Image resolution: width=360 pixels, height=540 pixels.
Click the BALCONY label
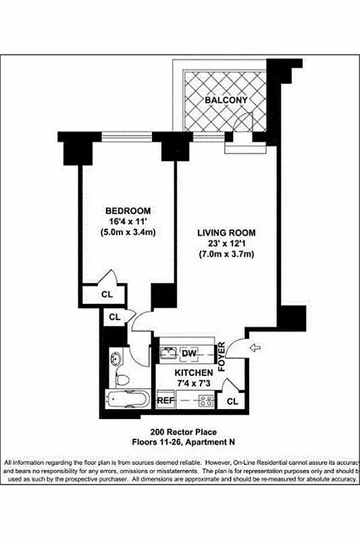pyautogui.click(x=227, y=100)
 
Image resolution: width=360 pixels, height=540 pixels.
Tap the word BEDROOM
pyautogui.click(x=128, y=211)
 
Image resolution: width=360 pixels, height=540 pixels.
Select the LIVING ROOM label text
pyautogui.click(x=227, y=233)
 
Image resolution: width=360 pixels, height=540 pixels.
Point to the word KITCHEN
pyautogui.click(x=195, y=373)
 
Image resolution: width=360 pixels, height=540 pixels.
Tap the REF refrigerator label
pyautogui.click(x=166, y=401)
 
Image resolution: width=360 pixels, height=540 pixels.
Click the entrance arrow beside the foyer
pyautogui.click(x=255, y=348)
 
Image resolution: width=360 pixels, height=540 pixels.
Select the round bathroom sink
pyautogui.click(x=117, y=357)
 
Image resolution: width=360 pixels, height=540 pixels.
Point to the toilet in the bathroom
pyautogui.click(x=122, y=381)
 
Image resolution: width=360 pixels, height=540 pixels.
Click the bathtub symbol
pyautogui.click(x=126, y=400)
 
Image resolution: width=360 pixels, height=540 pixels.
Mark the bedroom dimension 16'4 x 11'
pyautogui.click(x=128, y=221)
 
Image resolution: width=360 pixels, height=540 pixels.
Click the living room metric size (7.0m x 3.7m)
pyautogui.click(x=227, y=254)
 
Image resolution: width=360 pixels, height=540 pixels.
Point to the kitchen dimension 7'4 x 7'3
pyautogui.click(x=195, y=384)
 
